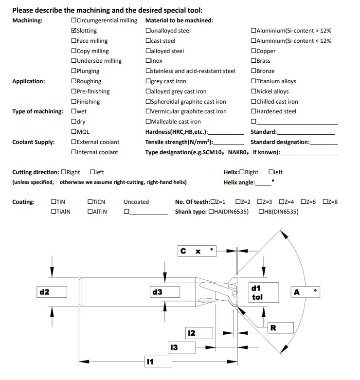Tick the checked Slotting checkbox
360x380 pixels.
[73, 31]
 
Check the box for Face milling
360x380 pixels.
[73, 41]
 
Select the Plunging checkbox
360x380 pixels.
[73, 71]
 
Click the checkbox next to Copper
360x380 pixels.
[253, 51]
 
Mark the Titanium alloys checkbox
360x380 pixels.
[253, 81]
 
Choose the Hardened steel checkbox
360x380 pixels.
[253, 111]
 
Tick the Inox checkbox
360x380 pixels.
[148, 61]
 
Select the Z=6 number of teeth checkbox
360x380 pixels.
[304, 202]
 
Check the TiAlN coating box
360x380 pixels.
[54, 212]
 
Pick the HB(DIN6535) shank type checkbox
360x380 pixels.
[262, 212]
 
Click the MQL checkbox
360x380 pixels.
[73, 132]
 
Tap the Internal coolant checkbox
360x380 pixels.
[73, 152]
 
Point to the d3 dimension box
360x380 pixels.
[164, 292]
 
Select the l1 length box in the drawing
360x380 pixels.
[159, 362]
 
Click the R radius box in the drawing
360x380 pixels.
[281, 328]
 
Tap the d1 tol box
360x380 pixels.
[263, 292]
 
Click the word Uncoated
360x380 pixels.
[136, 202]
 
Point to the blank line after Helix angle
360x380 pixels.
[263, 183]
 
